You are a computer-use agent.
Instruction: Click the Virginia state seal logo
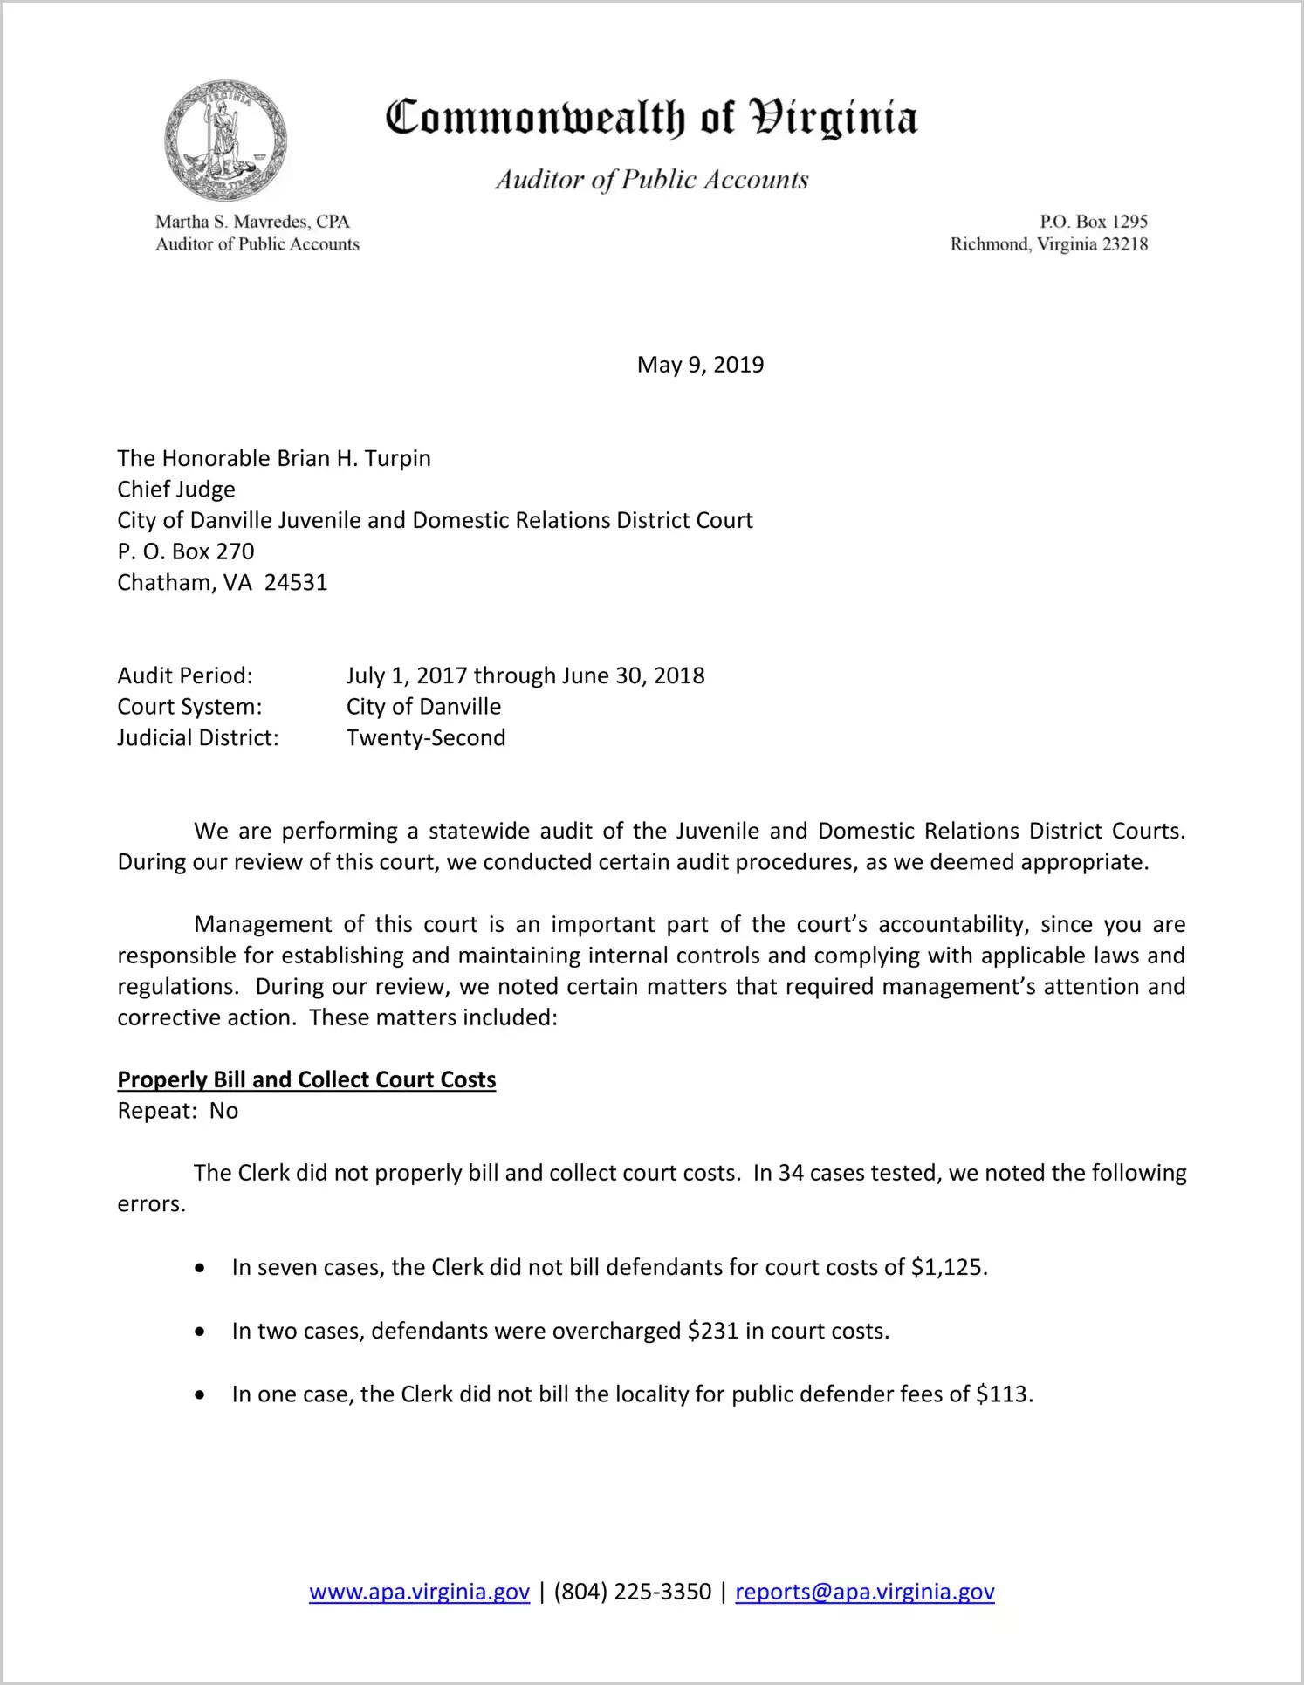click(x=226, y=140)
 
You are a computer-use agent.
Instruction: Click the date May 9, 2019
click(x=700, y=365)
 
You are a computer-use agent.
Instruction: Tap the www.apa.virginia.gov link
click(x=419, y=1592)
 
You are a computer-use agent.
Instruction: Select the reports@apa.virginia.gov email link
click(x=864, y=1592)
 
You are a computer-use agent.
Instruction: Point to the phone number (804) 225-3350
click(x=632, y=1592)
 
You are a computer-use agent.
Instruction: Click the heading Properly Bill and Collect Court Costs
click(x=306, y=1079)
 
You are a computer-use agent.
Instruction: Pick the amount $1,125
click(x=948, y=1267)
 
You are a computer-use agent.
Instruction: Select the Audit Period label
click(x=185, y=675)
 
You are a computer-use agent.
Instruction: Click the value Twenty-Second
click(x=426, y=738)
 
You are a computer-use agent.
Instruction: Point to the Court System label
click(x=189, y=707)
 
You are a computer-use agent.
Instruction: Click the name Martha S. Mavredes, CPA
click(x=252, y=222)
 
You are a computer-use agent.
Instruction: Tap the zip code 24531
click(x=296, y=583)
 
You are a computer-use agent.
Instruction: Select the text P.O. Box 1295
click(x=1093, y=222)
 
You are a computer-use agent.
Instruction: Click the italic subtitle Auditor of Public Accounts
click(x=652, y=180)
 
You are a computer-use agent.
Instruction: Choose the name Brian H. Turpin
click(x=353, y=459)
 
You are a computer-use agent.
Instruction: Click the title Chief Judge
click(x=176, y=490)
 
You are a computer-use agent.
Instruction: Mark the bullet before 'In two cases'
click(x=201, y=1332)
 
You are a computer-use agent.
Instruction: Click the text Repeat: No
click(x=178, y=1111)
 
